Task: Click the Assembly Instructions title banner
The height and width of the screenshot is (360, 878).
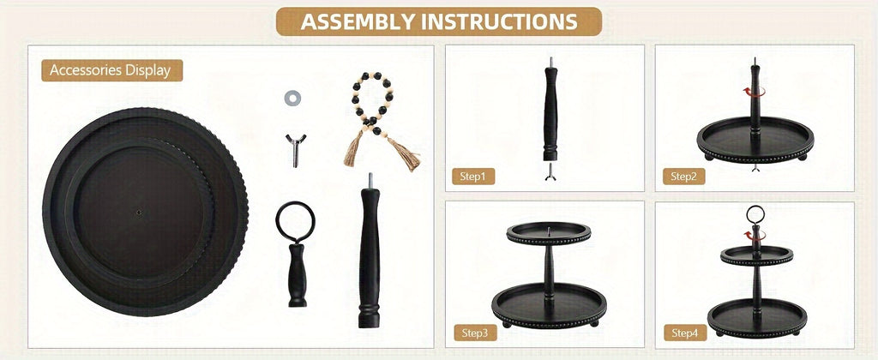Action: point(439,21)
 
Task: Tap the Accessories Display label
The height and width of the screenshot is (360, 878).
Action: point(112,70)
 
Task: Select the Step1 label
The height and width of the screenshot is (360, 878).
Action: point(473,177)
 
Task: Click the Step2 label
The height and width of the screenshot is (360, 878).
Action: point(683,177)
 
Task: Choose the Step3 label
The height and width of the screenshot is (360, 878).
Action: point(475,333)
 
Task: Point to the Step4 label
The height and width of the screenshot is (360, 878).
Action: point(684,333)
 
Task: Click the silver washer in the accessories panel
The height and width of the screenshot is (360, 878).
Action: point(292,99)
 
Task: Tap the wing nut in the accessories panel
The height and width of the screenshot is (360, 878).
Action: point(295,150)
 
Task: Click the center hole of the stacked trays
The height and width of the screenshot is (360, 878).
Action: point(139,213)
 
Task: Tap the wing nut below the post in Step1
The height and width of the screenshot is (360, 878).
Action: point(550,172)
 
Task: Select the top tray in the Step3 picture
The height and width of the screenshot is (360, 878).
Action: point(549,233)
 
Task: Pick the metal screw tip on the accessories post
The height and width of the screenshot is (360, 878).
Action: point(369,180)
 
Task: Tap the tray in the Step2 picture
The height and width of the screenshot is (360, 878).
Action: point(755,140)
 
